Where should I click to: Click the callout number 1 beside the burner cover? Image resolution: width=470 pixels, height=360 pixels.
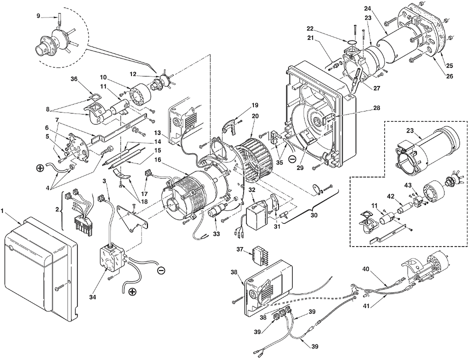point(2,211)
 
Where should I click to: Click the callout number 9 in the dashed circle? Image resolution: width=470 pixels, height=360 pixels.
point(38,15)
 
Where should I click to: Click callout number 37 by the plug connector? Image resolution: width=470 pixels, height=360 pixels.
point(239,249)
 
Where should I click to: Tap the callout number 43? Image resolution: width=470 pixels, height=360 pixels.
point(407,185)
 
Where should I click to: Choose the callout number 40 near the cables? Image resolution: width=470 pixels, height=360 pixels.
point(365,269)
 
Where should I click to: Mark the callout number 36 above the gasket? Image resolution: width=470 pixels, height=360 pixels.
point(73,79)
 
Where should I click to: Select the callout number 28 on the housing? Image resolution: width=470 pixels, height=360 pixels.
point(377,108)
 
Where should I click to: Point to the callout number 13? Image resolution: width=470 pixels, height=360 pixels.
point(157,132)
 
